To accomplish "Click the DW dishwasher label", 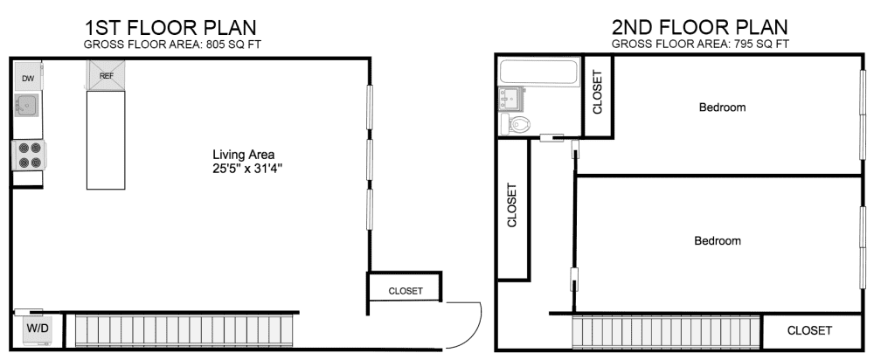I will [27, 80].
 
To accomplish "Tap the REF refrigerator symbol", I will [106, 76].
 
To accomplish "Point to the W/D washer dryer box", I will [37, 330].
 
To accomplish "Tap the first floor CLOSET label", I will [405, 291].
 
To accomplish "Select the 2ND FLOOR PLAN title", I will [699, 27].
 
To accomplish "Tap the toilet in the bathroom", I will [522, 124].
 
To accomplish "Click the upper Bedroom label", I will [722, 107].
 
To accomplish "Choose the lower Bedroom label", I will [718, 241].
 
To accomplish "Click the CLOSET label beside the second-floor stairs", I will [809, 331].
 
